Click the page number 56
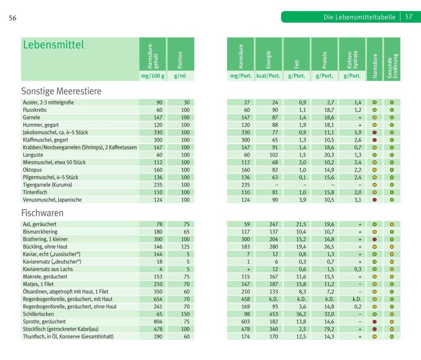[12, 18]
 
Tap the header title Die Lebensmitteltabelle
[359, 17]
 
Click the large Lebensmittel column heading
[53, 45]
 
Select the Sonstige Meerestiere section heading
[61, 91]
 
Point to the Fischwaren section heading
[42, 213]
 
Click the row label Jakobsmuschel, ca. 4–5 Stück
[55, 132]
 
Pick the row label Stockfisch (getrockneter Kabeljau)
[60, 329]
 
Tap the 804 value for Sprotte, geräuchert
[158, 322]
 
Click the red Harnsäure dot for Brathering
[374, 239]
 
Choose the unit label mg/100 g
[152, 76]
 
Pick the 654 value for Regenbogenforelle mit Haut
[158, 299]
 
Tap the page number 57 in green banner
[409, 17]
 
